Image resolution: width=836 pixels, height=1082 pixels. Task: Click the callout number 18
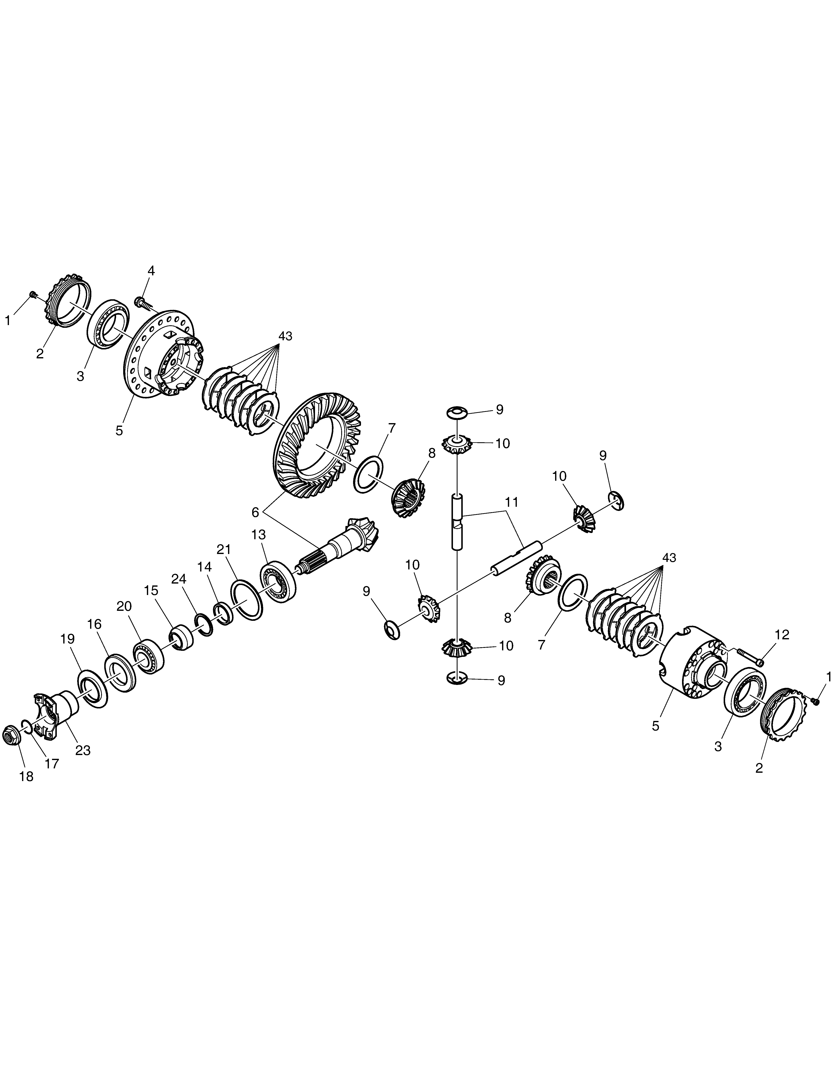(x=26, y=776)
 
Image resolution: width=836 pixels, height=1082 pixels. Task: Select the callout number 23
(x=83, y=750)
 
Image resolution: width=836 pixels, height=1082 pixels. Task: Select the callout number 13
(x=259, y=535)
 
